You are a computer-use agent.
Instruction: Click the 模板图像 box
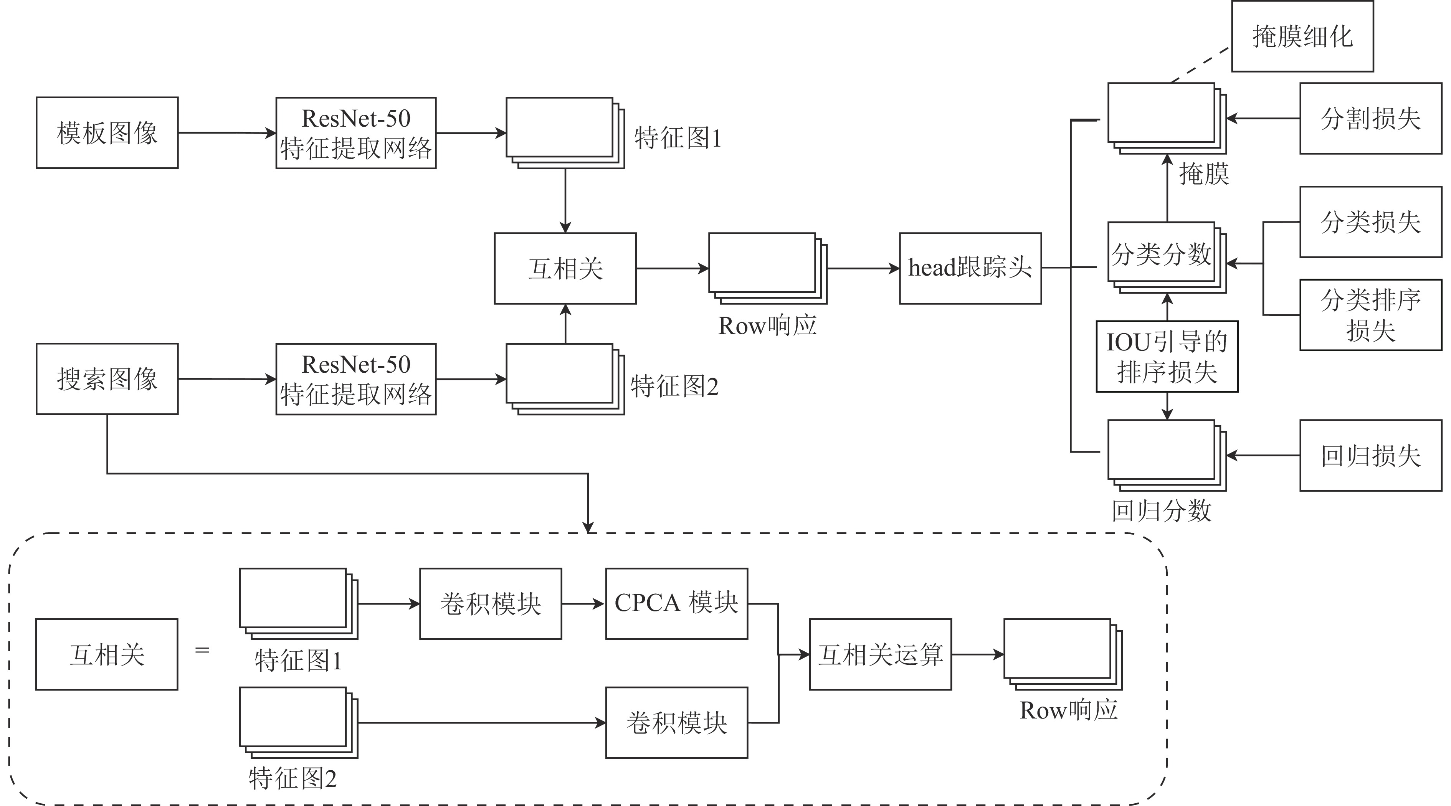pos(107,133)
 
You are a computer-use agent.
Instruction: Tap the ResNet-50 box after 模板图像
pos(356,133)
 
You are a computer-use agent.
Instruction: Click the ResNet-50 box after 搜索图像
pos(356,379)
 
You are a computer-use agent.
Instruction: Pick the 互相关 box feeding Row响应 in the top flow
pos(565,269)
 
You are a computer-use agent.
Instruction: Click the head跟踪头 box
pos(970,269)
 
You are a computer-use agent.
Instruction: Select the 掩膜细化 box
pos(1302,36)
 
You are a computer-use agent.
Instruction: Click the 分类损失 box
pos(1370,222)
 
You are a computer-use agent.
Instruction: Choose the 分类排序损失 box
pos(1370,315)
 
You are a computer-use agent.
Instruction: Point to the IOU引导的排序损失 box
pos(1167,357)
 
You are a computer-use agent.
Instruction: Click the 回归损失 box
pos(1370,456)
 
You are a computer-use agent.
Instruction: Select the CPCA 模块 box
pos(676,604)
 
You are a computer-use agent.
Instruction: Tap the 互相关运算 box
pos(880,654)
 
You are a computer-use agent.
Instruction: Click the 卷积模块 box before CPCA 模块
pos(490,604)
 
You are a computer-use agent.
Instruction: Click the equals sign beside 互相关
pos(202,651)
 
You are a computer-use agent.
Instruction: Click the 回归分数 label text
pos(1162,511)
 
